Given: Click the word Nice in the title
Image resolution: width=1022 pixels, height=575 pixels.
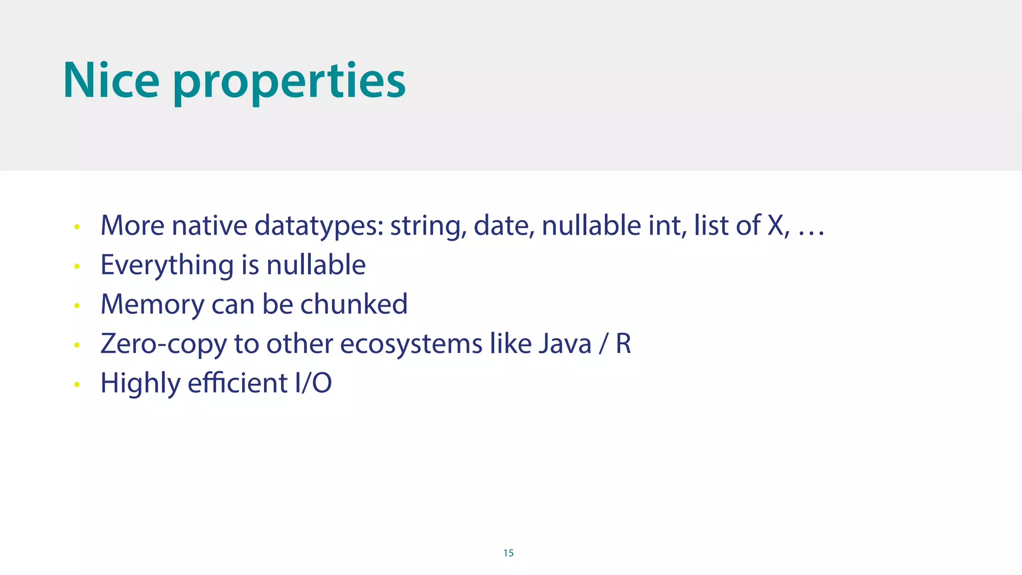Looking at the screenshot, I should [x=111, y=81].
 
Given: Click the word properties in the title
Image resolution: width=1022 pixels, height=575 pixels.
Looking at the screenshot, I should [x=289, y=83].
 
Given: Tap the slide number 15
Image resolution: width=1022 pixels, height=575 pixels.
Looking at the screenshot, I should [x=508, y=553].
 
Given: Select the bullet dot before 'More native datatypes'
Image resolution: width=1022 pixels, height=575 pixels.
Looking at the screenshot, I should [x=77, y=227].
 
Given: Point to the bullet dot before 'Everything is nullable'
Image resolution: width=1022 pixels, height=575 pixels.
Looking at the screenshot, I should [x=77, y=267].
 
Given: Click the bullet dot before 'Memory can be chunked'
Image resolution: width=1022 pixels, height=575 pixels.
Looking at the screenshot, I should [x=77, y=305].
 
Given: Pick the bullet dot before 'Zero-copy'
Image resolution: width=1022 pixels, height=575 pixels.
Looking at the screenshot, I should [x=77, y=345].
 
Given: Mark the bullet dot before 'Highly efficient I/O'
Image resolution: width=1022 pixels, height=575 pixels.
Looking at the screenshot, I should [x=77, y=384].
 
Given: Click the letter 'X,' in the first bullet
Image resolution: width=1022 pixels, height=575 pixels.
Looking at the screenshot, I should [x=778, y=226].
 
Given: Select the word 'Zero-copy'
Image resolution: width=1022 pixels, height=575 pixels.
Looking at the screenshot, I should [x=164, y=344].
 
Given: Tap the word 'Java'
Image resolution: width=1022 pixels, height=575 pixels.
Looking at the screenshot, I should [x=565, y=343].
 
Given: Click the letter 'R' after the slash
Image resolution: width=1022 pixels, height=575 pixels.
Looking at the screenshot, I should [x=623, y=343].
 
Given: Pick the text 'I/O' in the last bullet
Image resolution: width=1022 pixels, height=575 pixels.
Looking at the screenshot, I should [x=313, y=383].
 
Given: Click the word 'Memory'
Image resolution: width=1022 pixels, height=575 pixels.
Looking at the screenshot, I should [x=152, y=305].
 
